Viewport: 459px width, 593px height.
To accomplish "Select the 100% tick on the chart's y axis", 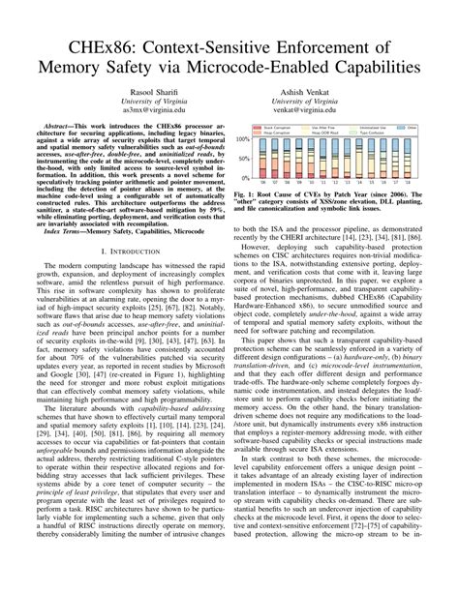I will click(x=241, y=139).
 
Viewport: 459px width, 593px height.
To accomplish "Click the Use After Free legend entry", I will click(x=325, y=126).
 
